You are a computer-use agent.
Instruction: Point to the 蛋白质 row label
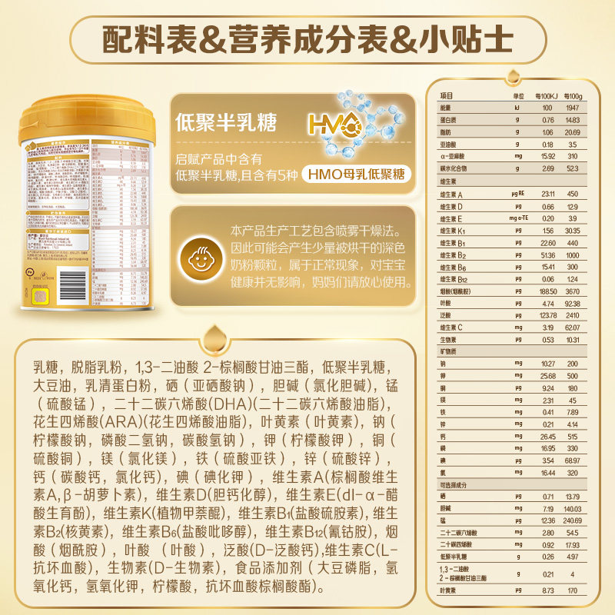click(449, 120)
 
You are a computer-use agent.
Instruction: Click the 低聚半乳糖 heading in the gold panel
click(226, 121)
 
